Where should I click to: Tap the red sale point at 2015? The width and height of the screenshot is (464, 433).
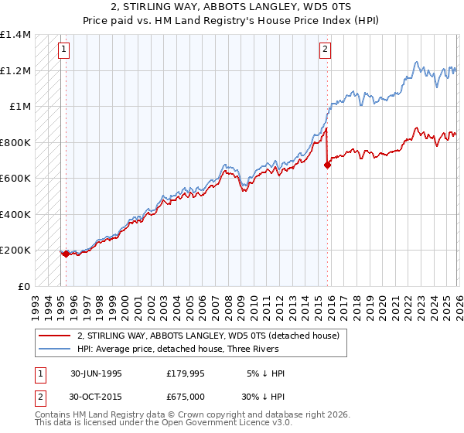click(x=327, y=164)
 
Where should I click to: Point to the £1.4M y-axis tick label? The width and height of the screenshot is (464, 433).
click(x=15, y=35)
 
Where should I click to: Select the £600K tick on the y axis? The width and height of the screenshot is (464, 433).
click(x=15, y=178)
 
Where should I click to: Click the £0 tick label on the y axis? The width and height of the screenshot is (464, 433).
click(x=25, y=286)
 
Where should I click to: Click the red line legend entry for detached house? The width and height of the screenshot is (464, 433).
click(x=207, y=336)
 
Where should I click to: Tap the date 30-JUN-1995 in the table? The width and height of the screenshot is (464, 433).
click(x=96, y=373)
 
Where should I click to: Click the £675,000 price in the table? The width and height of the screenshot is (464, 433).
click(x=189, y=397)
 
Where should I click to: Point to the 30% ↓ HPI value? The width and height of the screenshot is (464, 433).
click(x=263, y=397)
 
